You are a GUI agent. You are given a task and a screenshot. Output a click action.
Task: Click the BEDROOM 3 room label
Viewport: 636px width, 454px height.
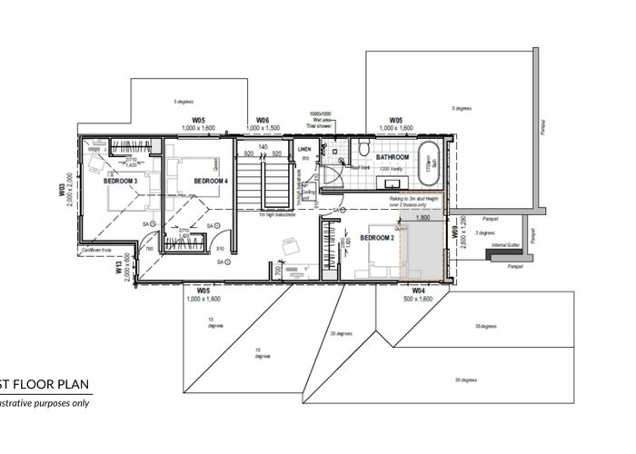tap(120, 182)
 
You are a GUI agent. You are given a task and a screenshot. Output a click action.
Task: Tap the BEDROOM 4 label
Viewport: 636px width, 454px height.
tap(211, 181)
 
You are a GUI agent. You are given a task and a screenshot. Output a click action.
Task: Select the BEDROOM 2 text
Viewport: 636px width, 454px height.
tap(376, 237)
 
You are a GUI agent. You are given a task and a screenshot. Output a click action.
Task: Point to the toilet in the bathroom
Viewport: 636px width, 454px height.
tap(363, 148)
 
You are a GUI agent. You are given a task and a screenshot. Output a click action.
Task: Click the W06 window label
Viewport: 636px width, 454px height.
tap(262, 120)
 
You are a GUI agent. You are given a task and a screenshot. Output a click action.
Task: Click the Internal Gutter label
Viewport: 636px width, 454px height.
tap(506, 246)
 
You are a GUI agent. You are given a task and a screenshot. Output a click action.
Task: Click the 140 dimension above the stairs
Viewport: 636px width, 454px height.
tap(263, 145)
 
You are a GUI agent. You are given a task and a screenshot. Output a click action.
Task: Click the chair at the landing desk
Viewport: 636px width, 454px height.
tap(289, 245)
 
